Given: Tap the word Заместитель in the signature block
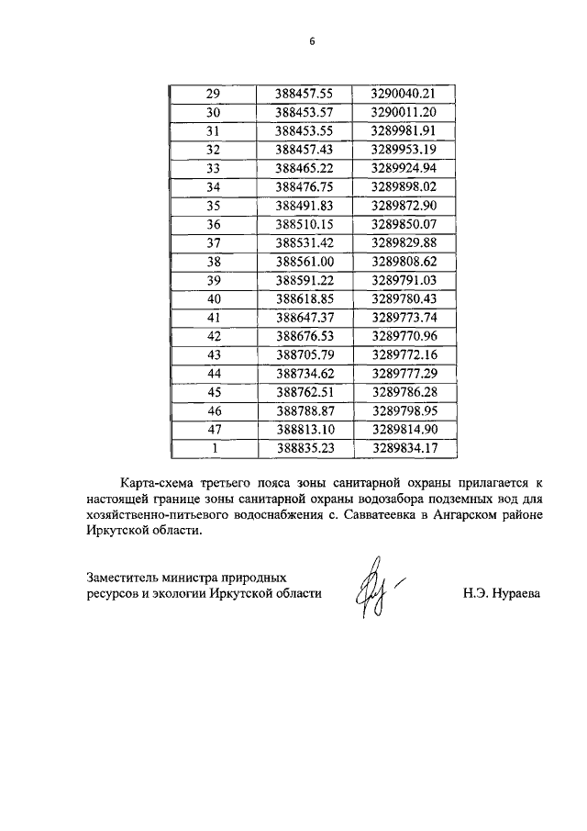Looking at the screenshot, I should click(124, 578).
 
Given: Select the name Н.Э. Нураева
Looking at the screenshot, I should click(502, 594).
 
